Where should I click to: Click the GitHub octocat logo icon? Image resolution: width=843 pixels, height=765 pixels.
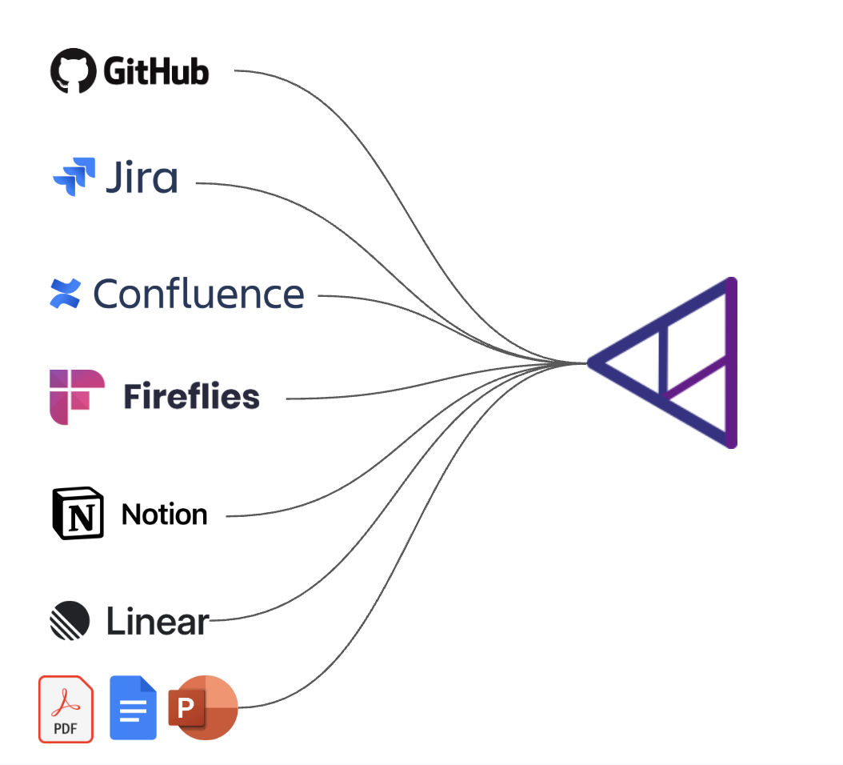point(74,71)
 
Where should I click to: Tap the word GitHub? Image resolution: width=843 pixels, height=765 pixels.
point(156,72)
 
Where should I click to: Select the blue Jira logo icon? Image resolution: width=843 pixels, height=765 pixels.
point(74,177)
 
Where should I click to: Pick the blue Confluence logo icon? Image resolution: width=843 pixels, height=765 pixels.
point(65,294)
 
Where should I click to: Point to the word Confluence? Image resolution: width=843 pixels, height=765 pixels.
point(198,294)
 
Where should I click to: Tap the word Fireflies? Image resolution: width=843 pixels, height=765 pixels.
point(191,397)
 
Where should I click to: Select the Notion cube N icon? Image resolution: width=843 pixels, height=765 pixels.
point(78,513)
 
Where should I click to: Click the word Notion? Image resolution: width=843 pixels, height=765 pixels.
point(164,515)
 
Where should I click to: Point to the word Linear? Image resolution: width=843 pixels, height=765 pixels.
point(158,622)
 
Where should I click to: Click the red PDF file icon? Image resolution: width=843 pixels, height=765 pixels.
point(66,709)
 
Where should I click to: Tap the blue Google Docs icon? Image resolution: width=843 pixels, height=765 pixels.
point(133,708)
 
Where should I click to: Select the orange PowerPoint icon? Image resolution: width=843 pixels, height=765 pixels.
point(205,707)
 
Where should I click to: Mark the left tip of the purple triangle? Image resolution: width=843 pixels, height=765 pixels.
point(593,362)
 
